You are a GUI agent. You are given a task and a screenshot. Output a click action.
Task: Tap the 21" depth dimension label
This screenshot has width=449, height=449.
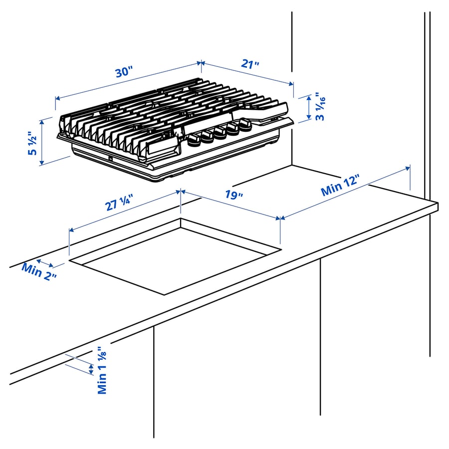click(250, 64)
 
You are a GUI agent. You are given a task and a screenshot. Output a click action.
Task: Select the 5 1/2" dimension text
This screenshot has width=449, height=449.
click(32, 144)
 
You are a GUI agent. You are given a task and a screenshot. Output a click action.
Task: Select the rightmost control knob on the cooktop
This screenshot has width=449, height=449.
click(245, 125)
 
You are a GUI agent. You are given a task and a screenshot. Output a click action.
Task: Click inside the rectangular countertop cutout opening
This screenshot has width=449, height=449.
click(175, 259)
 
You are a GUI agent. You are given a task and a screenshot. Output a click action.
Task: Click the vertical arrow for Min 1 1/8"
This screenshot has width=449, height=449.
click(91, 369)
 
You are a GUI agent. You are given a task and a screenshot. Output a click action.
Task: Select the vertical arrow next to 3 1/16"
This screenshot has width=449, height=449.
click(307, 107)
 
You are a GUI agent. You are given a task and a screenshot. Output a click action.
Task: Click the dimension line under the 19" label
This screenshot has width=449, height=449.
click(230, 204)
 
